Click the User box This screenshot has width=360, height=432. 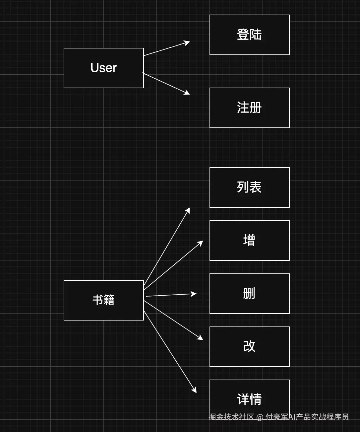click(104, 68)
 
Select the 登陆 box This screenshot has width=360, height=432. click(250, 35)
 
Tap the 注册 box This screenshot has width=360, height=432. click(250, 108)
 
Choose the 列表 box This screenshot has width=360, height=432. click(250, 187)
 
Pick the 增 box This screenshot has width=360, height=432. click(250, 241)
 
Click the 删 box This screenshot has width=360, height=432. click(250, 294)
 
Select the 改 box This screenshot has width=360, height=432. click(250, 346)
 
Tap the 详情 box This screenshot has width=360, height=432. click(250, 399)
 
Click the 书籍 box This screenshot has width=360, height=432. click(104, 300)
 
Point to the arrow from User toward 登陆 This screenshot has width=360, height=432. click(167, 48)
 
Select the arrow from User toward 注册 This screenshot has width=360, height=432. click(166, 84)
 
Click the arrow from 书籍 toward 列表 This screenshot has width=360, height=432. click(167, 246)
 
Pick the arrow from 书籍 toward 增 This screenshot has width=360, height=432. click(173, 265)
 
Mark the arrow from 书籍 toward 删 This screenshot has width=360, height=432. click(171, 295)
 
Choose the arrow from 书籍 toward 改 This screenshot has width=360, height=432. click(173, 320)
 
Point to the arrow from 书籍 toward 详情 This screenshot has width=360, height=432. click(170, 352)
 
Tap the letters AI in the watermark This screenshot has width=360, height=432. click(292, 417)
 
